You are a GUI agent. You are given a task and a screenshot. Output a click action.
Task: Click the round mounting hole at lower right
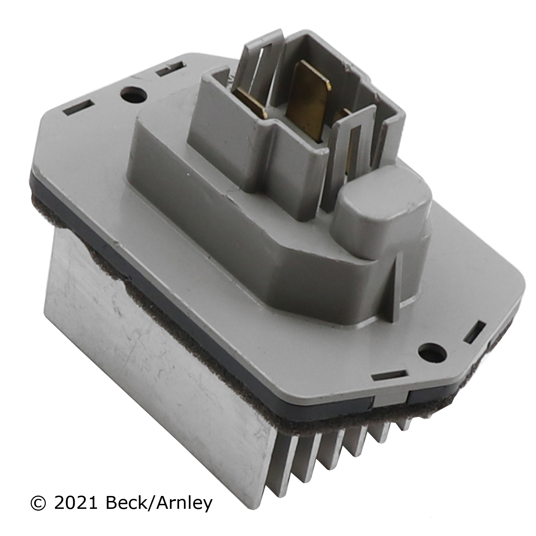pos(428,353)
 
